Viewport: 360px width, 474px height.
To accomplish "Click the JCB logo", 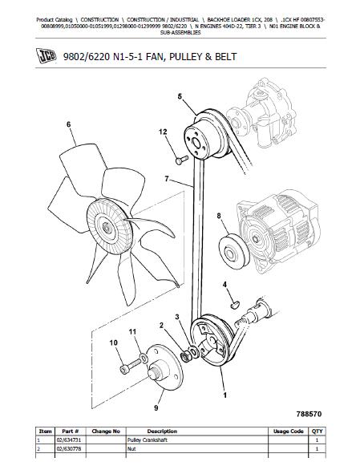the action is [46, 56].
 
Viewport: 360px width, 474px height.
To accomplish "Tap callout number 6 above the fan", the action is [69, 124].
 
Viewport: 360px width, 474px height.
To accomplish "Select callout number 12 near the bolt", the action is [163, 132].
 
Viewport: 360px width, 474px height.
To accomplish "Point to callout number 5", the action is [180, 96].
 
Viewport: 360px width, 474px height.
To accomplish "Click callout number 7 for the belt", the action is [167, 179].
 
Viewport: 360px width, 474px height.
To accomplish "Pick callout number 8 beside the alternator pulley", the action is [219, 216].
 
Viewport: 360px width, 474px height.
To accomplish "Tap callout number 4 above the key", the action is [224, 285].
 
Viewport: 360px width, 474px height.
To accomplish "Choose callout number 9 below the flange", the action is [156, 407].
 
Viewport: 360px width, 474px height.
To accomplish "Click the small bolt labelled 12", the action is [182, 160].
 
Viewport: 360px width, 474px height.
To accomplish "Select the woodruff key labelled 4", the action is [235, 305].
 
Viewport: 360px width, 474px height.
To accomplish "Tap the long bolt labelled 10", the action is [131, 365].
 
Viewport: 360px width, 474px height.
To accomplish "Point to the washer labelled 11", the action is [144, 358].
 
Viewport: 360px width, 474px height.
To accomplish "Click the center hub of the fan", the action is [106, 226].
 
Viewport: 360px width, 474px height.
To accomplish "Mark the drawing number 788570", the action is [309, 414].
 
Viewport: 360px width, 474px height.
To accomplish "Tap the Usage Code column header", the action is [288, 431].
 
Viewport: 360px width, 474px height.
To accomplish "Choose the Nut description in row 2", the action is [131, 449].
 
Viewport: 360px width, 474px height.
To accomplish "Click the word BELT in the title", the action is [225, 56].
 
